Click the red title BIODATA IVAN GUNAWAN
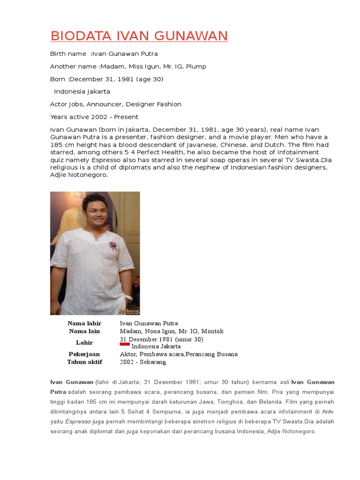(139, 36)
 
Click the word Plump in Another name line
(196, 67)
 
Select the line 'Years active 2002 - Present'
(94, 117)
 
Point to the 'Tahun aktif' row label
(84, 362)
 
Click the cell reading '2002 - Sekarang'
(143, 362)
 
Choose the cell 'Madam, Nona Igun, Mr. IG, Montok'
(172, 331)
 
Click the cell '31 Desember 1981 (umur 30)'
(161, 339)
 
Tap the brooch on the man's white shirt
(113, 245)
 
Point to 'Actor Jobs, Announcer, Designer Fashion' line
(116, 104)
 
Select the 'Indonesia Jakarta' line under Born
(82, 91)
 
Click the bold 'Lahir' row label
(84, 343)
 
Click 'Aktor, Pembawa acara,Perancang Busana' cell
(179, 354)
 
